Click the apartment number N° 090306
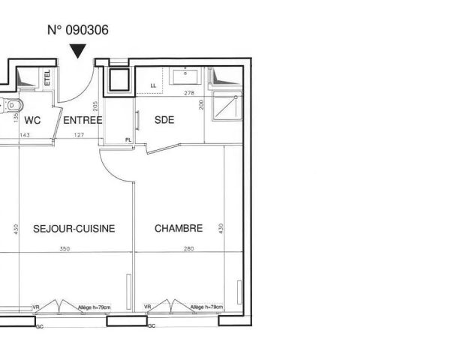pyautogui.click(x=78, y=31)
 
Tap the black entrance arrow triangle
pyautogui.click(x=78, y=51)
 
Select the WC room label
pyautogui.click(x=32, y=120)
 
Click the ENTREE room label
pyautogui.click(x=82, y=120)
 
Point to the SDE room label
pyautogui.click(x=164, y=120)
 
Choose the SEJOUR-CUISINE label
pyautogui.click(x=74, y=228)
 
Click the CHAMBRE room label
pyautogui.click(x=179, y=228)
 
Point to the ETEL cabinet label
pyautogui.click(x=47, y=77)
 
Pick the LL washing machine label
pyautogui.click(x=154, y=86)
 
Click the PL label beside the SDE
pyautogui.click(x=128, y=139)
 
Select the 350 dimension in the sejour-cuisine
pyautogui.click(x=65, y=249)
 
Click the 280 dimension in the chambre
pyautogui.click(x=188, y=249)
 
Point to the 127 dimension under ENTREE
pyautogui.click(x=77, y=135)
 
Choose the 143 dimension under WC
pyautogui.click(x=24, y=135)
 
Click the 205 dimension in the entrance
pyautogui.click(x=96, y=106)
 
